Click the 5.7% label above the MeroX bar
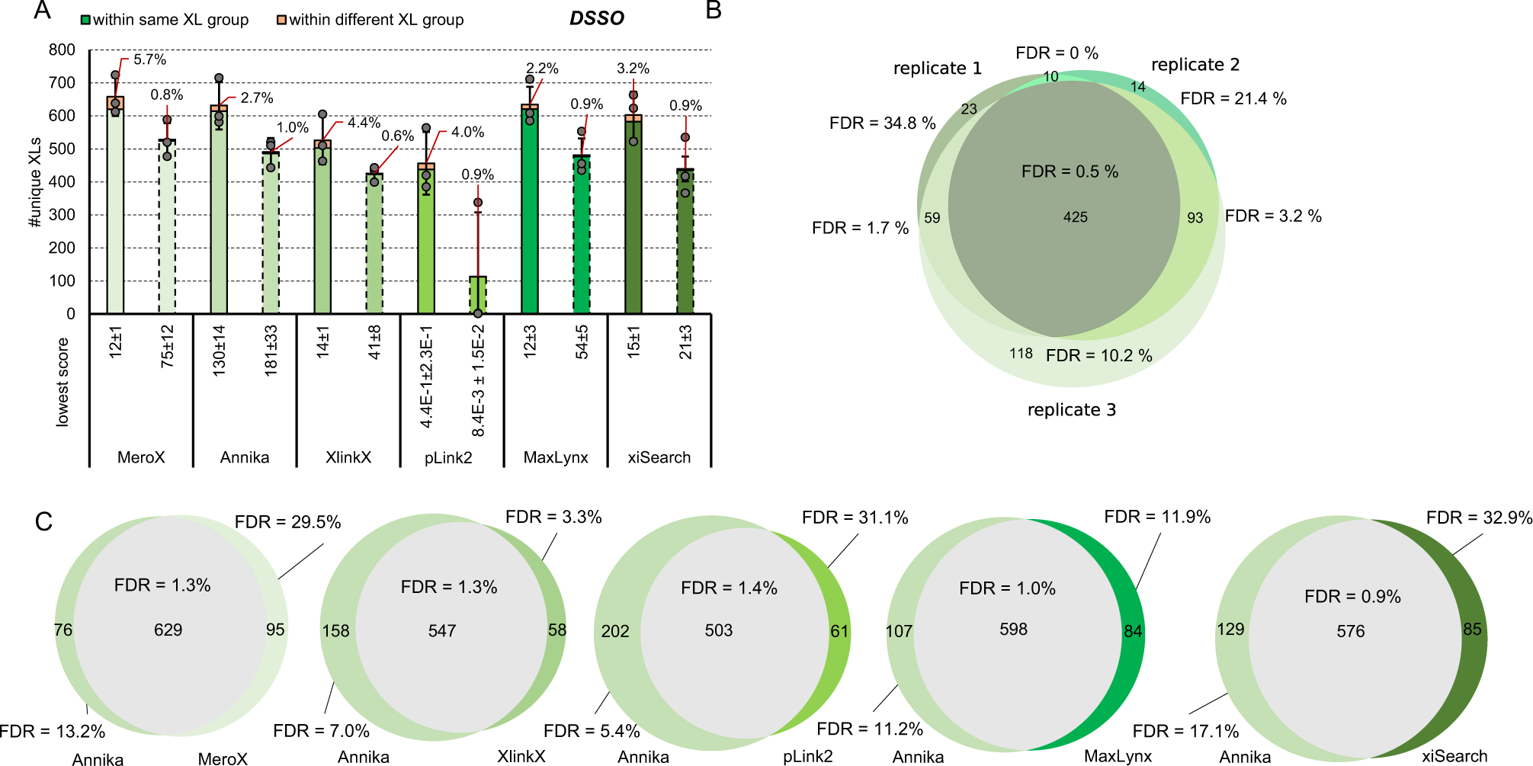(x=149, y=59)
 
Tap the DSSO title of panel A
(x=596, y=19)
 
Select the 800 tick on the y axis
(x=62, y=50)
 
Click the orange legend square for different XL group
(x=281, y=20)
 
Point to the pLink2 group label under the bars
(x=448, y=457)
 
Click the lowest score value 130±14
(x=220, y=351)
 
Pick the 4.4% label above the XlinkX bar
(x=364, y=123)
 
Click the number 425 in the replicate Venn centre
(x=1075, y=217)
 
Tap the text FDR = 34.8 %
(x=882, y=123)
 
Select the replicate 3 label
(x=1071, y=410)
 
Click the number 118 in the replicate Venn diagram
(x=1021, y=354)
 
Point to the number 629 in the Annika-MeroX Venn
(x=168, y=630)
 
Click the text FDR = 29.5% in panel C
(x=287, y=522)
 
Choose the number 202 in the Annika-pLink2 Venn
(x=614, y=631)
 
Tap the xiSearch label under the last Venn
(x=1454, y=756)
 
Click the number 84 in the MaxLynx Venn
(x=1133, y=631)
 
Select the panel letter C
(x=43, y=521)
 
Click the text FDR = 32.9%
(x=1479, y=518)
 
